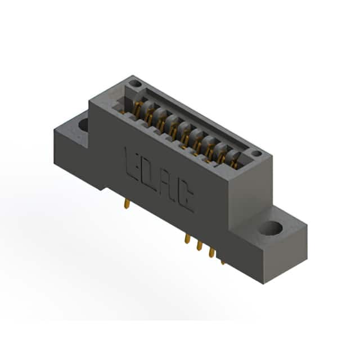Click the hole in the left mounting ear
(84, 125)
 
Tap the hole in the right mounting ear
(271, 228)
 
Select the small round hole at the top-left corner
(135, 83)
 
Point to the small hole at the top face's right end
(256, 154)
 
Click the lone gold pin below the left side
(127, 204)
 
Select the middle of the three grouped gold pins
(199, 245)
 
